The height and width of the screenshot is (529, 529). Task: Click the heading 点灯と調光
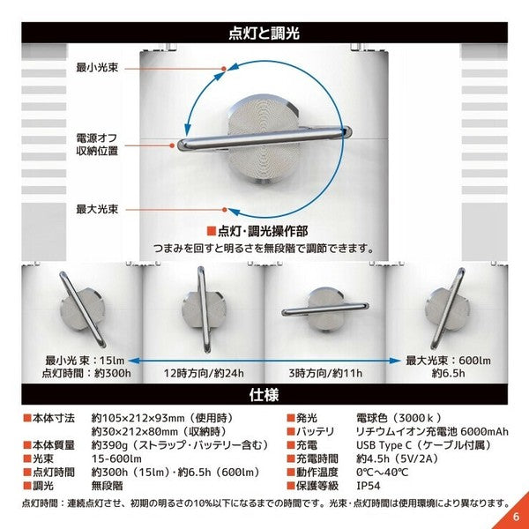(x=264, y=34)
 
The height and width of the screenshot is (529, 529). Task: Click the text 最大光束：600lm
(x=448, y=360)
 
